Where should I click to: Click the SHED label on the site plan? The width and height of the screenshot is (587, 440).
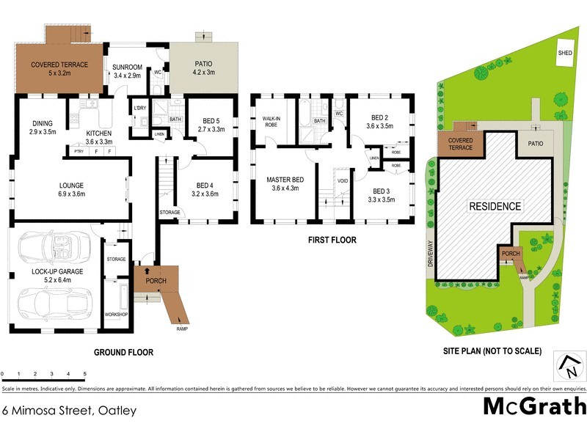pyautogui.click(x=565, y=53)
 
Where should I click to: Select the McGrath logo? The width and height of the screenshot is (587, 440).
pyautogui.click(x=534, y=406)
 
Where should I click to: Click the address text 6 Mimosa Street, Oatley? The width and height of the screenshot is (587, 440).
pyautogui.click(x=69, y=411)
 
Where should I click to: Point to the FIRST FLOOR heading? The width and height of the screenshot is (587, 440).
pyautogui.click(x=332, y=240)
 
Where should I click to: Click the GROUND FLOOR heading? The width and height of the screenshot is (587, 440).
pyautogui.click(x=123, y=352)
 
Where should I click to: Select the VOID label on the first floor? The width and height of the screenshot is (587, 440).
pyautogui.click(x=343, y=180)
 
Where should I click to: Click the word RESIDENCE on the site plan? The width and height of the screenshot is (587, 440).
pyautogui.click(x=495, y=206)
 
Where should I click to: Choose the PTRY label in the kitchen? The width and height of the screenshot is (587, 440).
pyautogui.click(x=79, y=151)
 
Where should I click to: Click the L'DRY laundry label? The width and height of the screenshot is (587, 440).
pyautogui.click(x=140, y=109)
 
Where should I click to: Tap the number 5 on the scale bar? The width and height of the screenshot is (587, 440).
pyautogui.click(x=84, y=374)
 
